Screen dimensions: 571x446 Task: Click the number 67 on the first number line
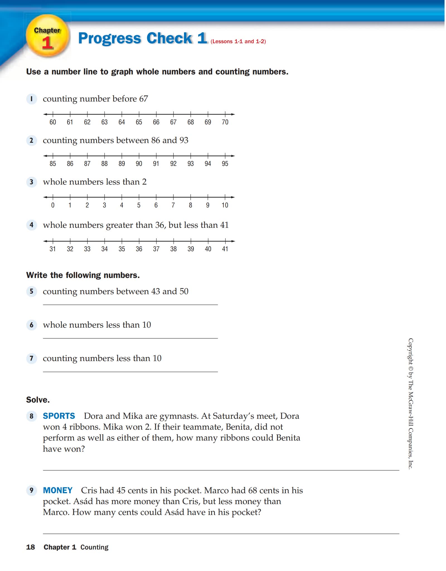click(x=173, y=122)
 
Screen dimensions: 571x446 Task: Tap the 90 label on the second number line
click(x=139, y=164)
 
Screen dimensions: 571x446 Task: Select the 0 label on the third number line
click(x=53, y=205)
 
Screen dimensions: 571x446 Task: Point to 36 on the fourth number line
click(x=139, y=249)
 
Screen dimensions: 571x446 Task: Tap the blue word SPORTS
click(x=59, y=416)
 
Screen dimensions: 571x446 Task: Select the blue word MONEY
click(x=57, y=490)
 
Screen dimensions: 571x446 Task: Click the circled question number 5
click(x=31, y=291)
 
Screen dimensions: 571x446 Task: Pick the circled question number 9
click(x=31, y=490)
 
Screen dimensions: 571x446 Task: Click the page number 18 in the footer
click(x=30, y=547)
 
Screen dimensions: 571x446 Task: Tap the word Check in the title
click(x=169, y=38)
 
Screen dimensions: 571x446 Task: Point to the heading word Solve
click(x=38, y=400)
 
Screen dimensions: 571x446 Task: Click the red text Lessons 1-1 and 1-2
click(x=238, y=42)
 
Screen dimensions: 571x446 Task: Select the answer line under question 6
click(x=130, y=338)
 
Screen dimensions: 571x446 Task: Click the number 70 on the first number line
click(x=225, y=122)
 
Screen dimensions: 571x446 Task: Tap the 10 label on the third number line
click(x=225, y=205)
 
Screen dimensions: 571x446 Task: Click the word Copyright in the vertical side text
click(x=411, y=351)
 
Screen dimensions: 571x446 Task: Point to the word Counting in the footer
click(x=94, y=547)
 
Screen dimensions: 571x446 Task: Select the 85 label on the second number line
click(x=53, y=164)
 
